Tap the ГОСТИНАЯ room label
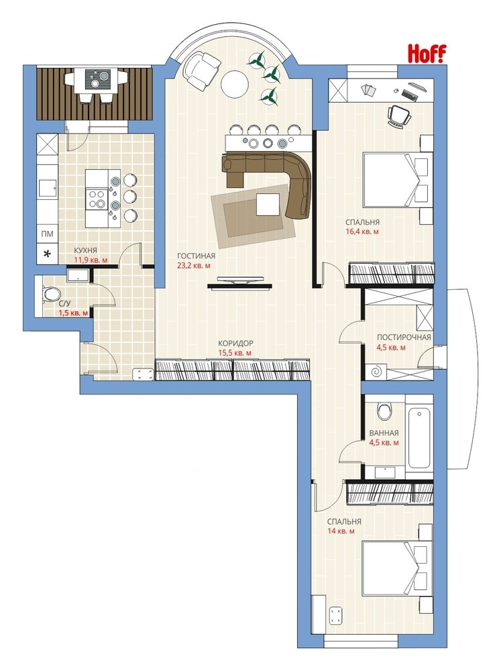196,256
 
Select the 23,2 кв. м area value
194,265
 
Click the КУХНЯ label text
85,251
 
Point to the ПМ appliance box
47,234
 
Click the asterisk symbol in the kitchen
47,254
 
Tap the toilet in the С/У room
51,295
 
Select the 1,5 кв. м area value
74,313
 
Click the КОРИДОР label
235,343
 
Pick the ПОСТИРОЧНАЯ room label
404,338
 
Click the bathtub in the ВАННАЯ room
419,437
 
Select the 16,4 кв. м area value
362,231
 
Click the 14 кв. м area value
341,531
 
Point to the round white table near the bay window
235,83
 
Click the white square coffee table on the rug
268,205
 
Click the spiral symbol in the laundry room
376,372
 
